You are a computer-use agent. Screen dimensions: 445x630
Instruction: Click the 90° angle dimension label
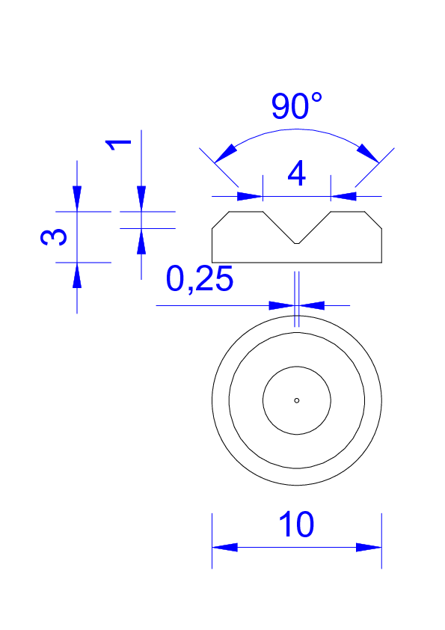click(x=296, y=106)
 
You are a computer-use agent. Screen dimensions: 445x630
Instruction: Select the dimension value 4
click(x=297, y=174)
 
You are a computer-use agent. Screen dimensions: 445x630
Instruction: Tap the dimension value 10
click(x=296, y=525)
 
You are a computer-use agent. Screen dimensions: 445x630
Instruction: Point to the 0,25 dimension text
click(x=199, y=279)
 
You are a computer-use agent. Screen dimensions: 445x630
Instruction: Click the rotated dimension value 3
click(x=54, y=236)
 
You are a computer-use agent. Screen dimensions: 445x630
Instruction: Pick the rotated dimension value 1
click(x=117, y=145)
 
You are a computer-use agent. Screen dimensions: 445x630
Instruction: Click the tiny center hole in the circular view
click(x=297, y=400)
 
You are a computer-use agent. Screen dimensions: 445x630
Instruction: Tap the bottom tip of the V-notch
click(x=297, y=243)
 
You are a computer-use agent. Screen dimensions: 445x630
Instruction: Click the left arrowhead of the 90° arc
click(x=226, y=153)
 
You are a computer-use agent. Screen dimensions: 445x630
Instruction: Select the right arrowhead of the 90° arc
click(x=367, y=153)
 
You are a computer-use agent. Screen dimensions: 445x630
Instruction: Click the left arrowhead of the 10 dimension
click(x=224, y=547)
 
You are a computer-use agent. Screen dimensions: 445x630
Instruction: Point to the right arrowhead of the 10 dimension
click(x=369, y=547)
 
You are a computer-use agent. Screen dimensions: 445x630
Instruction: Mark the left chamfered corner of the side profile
click(x=221, y=220)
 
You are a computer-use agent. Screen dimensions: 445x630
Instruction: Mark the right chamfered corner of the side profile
click(x=373, y=220)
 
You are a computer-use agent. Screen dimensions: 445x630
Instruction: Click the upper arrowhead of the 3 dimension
click(x=77, y=198)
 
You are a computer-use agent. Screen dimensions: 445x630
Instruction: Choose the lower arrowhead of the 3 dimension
click(x=77, y=275)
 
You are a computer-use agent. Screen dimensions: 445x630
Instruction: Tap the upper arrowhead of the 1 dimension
click(x=141, y=198)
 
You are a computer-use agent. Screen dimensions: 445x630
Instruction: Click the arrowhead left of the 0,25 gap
click(x=281, y=305)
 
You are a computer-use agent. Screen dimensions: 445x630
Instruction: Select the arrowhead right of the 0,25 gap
click(x=312, y=305)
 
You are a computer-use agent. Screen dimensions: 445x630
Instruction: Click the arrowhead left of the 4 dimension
click(x=250, y=197)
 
